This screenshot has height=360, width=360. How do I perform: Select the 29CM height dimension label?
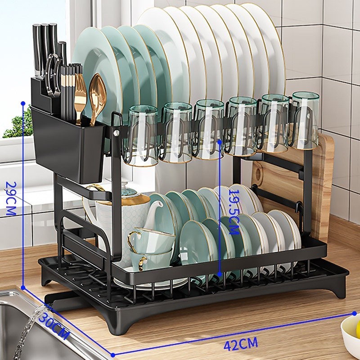11,198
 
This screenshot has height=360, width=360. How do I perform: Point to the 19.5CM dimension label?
234,212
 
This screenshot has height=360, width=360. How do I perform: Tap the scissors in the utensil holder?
53,76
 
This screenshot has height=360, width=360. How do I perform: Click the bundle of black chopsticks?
71,92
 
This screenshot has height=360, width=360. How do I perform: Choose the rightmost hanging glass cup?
305,120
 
